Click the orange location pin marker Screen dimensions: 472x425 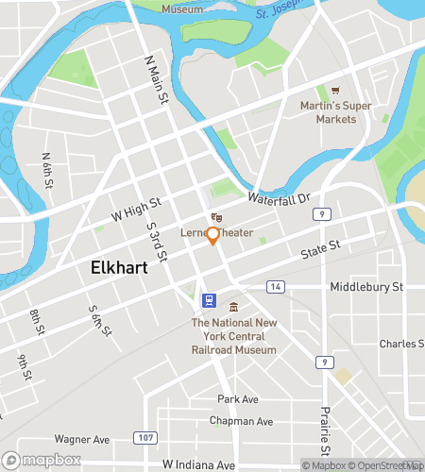pyautogui.click(x=212, y=236)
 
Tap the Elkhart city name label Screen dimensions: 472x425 pyautogui.click(x=119, y=267)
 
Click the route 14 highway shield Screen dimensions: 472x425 pyautogui.click(x=276, y=286)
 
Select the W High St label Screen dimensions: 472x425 pyautogui.click(x=137, y=209)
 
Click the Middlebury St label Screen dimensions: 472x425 pyautogui.click(x=365, y=286)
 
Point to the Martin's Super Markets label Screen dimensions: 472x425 pyautogui.click(x=335, y=110)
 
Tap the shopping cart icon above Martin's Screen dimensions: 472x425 pyautogui.click(x=335, y=91)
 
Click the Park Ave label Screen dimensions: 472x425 pyautogui.click(x=238, y=399)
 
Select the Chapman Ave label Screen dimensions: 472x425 pyautogui.click(x=241, y=421)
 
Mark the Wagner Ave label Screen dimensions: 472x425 pyautogui.click(x=82, y=439)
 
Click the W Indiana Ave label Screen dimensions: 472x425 pyautogui.click(x=198, y=464)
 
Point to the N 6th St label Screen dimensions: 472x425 pyautogui.click(x=46, y=168)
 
